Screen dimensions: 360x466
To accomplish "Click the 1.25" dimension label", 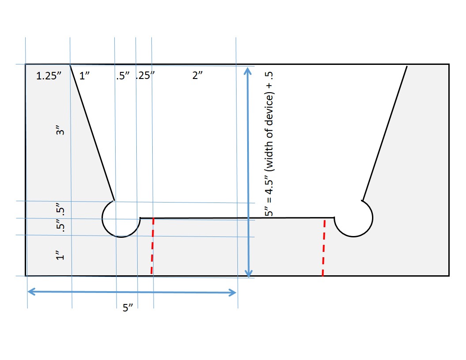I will [x=48, y=76].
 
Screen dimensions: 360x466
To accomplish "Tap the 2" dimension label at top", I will [x=197, y=76].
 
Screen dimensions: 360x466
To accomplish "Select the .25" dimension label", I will [x=144, y=76].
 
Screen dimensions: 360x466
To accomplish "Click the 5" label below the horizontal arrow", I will [x=128, y=307].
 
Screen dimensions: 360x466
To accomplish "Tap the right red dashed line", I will [x=324, y=247].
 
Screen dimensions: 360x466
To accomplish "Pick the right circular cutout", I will [x=354, y=218].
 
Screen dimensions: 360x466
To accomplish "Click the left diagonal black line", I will [x=92, y=132].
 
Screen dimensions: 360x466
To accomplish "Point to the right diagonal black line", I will [x=384, y=132].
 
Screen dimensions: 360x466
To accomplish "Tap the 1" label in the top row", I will [x=84, y=76].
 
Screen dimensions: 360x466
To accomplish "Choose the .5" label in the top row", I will [x=122, y=76].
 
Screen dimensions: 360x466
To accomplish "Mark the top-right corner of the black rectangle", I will [x=449, y=64].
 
